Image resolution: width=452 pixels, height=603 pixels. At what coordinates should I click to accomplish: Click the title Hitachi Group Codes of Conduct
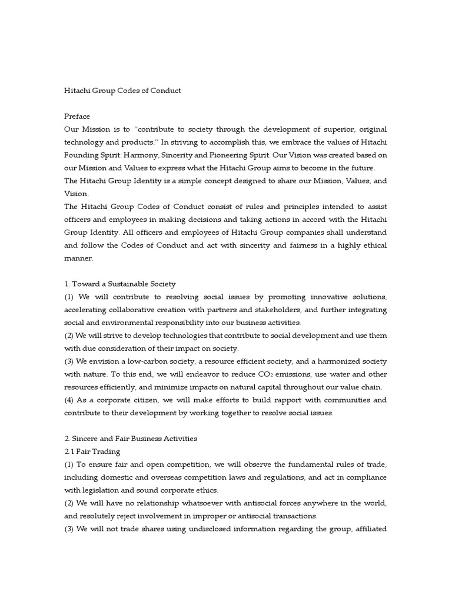122,91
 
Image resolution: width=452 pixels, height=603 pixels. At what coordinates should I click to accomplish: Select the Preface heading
77,116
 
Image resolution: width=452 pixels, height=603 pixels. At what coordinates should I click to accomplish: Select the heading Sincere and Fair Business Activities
131,438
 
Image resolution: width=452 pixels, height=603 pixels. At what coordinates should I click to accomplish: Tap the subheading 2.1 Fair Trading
92,451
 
